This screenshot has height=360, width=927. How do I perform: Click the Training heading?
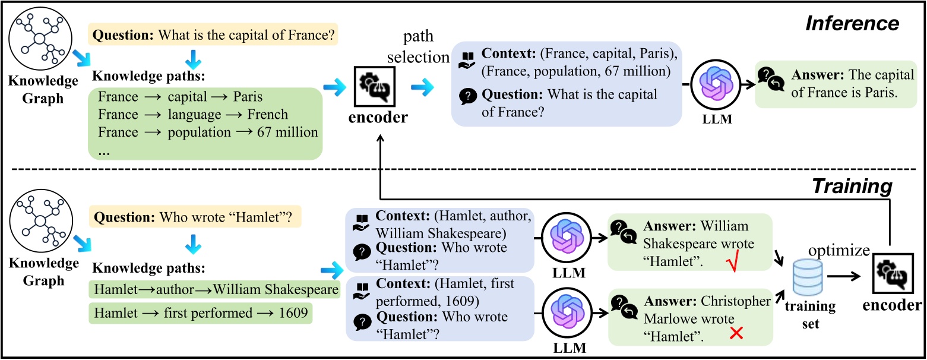click(x=853, y=186)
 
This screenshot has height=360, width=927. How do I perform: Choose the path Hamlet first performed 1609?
click(x=200, y=312)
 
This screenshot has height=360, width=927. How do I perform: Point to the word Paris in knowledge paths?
click(x=246, y=96)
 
